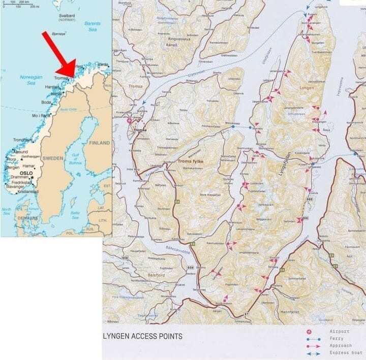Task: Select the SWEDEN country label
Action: point(53,158)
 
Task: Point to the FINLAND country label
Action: point(99,143)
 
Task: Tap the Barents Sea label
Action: point(92,27)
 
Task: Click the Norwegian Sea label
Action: point(28,80)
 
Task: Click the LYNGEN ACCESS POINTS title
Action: point(143,336)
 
